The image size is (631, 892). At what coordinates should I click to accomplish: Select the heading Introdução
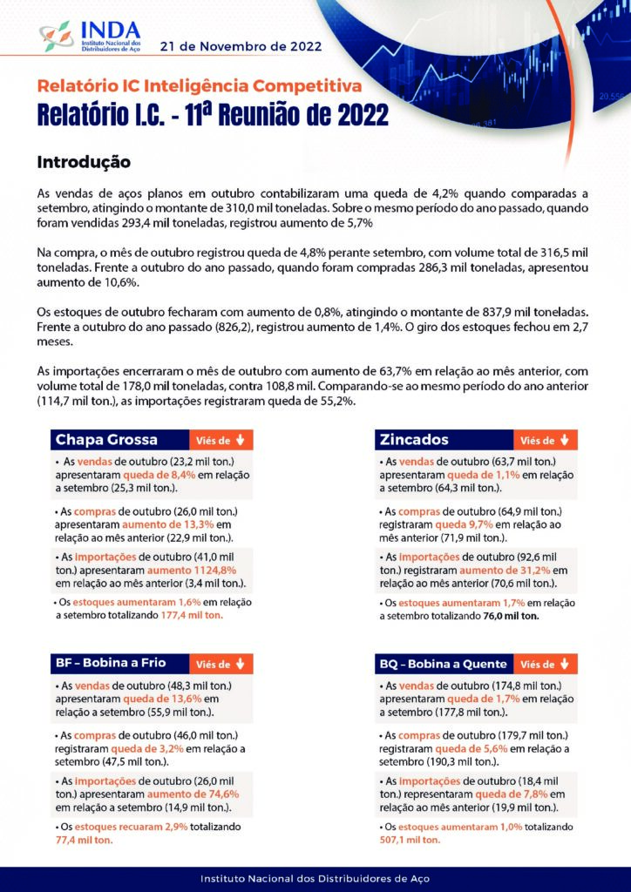pos(84,162)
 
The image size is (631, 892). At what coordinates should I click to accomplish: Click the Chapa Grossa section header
pos(107,440)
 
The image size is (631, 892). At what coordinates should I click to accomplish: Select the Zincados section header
pos(414,440)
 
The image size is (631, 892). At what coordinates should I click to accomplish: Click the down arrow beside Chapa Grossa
pos(240,440)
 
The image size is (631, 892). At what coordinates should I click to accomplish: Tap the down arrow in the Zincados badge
pos(564,440)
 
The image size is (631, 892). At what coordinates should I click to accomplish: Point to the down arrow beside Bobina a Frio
pos(240,664)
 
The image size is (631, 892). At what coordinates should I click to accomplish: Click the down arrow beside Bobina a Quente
pos(564,664)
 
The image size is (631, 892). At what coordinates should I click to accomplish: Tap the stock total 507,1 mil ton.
pos(410,840)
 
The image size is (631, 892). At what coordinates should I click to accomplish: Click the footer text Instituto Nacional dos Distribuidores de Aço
pos(315,878)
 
